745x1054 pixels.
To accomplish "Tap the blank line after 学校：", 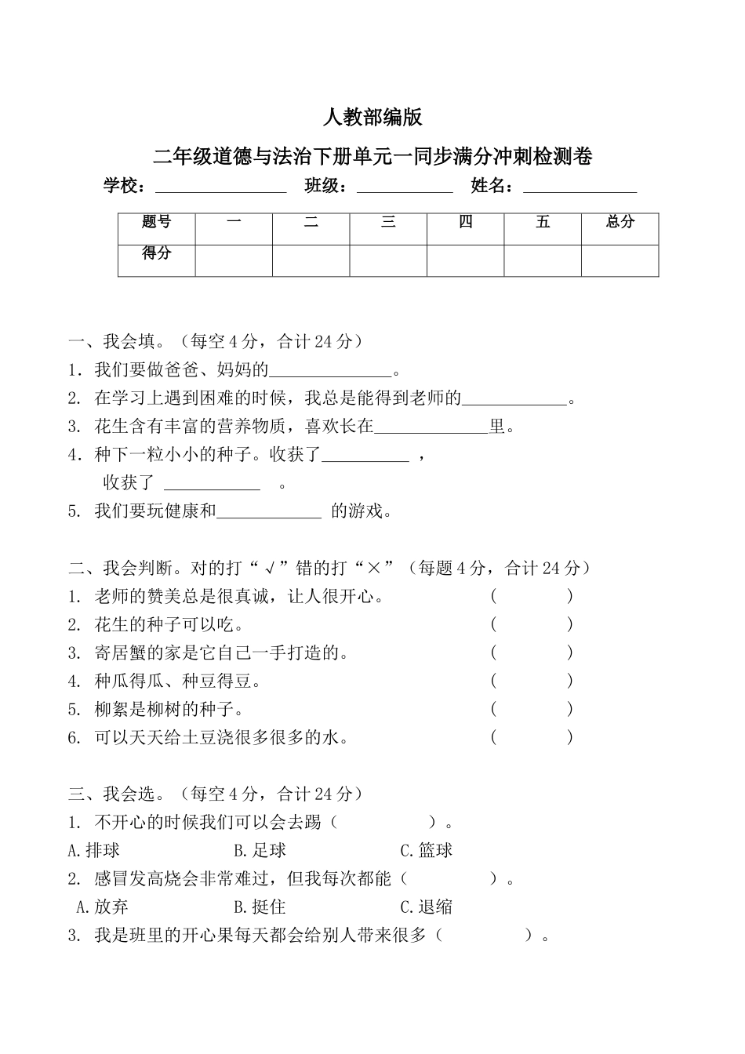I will [221, 188].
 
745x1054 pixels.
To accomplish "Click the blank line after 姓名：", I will [580, 188].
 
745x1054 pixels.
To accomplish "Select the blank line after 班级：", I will [405, 188].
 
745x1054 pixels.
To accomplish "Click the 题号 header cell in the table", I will [157, 223].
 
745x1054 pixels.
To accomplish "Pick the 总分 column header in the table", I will [620, 223].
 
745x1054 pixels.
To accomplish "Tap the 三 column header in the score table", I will [388, 223].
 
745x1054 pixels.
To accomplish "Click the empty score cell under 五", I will [543, 260].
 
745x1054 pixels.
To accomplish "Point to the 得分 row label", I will [157, 254].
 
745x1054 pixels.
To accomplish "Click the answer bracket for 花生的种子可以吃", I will [532, 625].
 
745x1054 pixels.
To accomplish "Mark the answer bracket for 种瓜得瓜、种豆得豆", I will [532, 681].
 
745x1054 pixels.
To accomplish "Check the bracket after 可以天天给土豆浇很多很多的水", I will [532, 738].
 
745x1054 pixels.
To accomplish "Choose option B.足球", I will [260, 851].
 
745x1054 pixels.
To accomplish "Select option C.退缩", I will [426, 907].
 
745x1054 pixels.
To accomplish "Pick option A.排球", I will [94, 851].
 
